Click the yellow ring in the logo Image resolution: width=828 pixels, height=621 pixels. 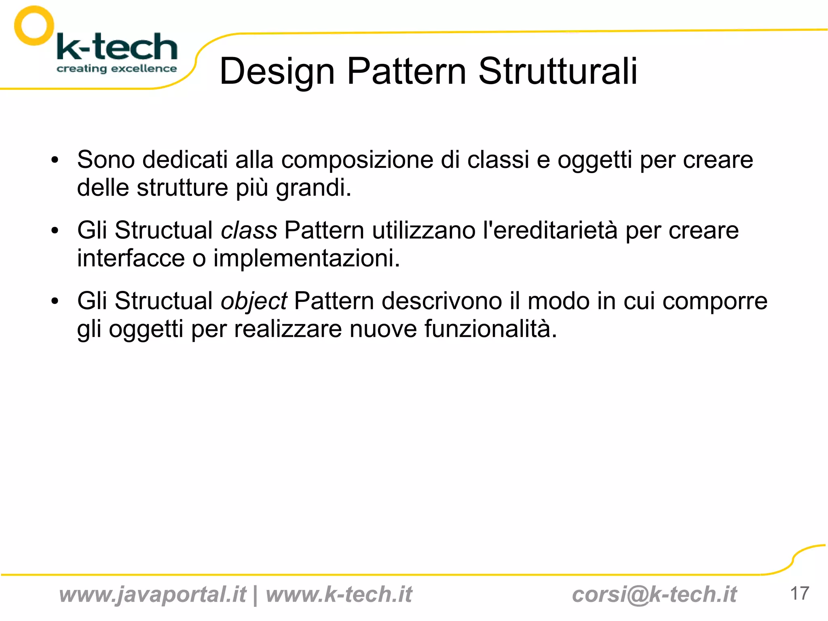tap(34, 25)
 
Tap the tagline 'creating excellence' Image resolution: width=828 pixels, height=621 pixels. tap(116, 68)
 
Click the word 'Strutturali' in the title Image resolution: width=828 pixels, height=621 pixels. tap(558, 71)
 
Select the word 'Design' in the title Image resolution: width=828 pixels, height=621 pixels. tap(277, 72)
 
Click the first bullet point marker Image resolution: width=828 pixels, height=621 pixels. tap(55, 160)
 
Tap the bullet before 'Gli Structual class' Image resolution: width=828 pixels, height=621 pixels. tap(55, 231)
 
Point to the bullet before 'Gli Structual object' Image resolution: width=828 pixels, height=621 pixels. tap(55, 301)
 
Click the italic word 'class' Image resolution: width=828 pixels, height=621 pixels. tap(249, 231)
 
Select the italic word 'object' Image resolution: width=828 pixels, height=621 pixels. tap(253, 302)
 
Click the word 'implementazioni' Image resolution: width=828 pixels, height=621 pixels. tap(306, 259)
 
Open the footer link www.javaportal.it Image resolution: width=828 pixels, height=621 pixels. tap(152, 594)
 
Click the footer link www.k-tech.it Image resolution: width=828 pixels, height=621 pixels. tap(339, 594)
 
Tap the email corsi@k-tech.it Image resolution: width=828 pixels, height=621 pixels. tap(654, 594)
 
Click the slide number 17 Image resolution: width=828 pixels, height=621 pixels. tap(799, 593)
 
